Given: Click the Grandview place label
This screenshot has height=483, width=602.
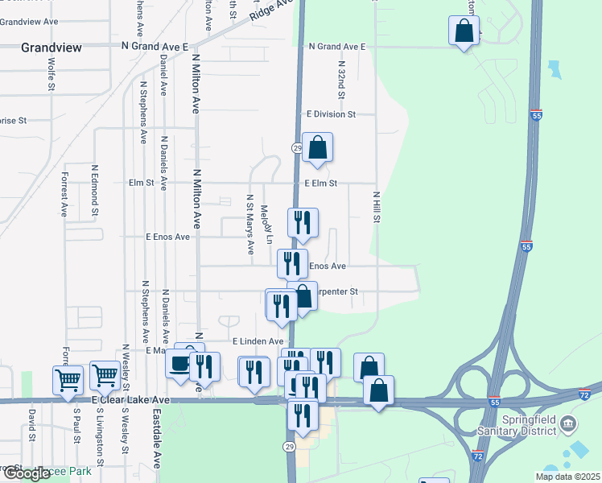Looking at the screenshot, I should point(52,47).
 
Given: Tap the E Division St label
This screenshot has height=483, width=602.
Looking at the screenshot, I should point(330,114).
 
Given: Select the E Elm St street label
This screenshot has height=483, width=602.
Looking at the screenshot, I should point(320,183).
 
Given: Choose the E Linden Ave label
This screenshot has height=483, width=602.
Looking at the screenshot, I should point(258,341).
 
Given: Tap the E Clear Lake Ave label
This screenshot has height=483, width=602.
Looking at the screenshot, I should point(130,399).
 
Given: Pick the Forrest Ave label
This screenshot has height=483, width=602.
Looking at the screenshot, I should point(64,194).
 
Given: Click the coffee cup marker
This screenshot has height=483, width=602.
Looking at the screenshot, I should point(179,365).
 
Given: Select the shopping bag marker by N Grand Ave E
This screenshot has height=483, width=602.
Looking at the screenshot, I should point(464,32).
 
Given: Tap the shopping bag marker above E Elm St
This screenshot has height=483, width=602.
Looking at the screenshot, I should point(317,148).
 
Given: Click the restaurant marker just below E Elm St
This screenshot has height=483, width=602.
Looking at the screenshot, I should point(303,223).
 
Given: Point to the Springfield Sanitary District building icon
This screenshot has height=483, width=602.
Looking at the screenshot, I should point(567,423).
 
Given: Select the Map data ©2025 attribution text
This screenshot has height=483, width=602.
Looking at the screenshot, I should point(567,477).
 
